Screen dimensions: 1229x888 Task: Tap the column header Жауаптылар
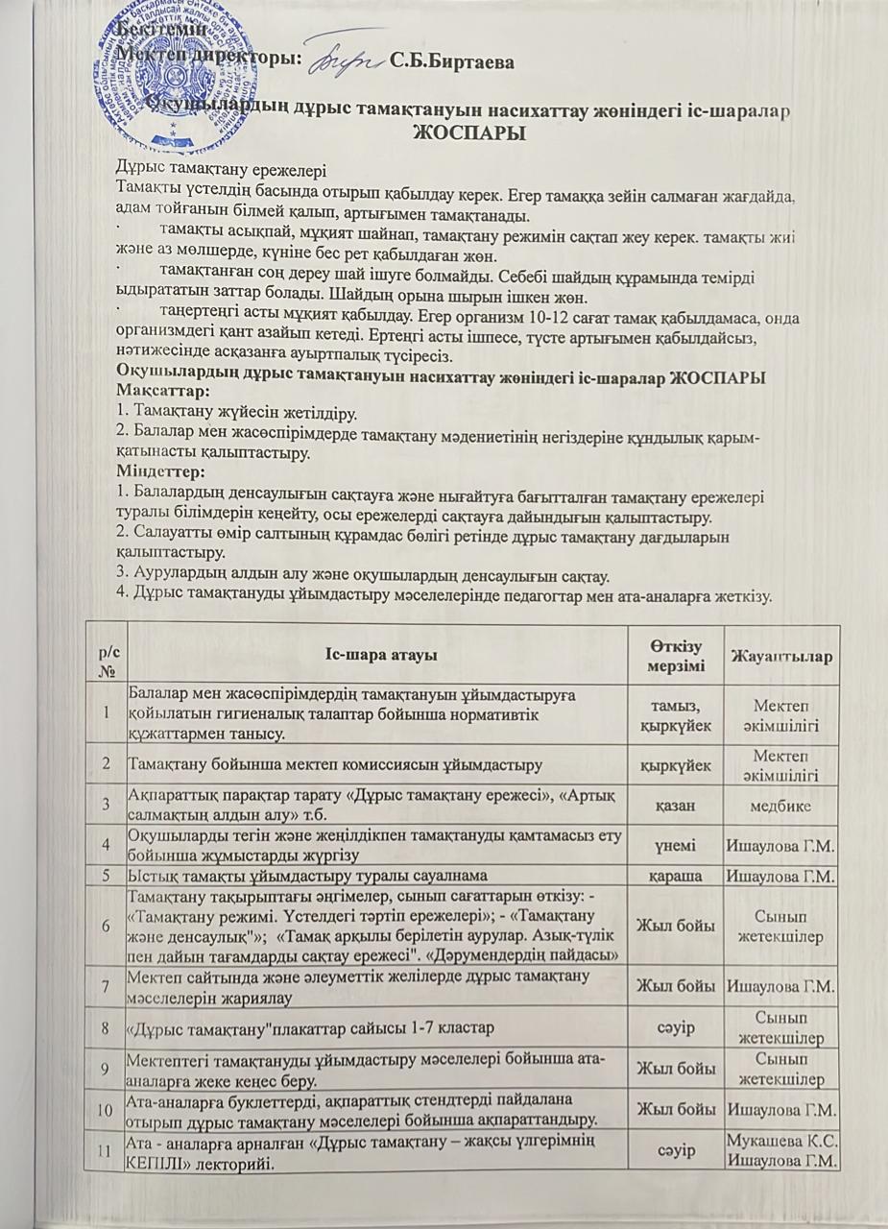click(x=781, y=655)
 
